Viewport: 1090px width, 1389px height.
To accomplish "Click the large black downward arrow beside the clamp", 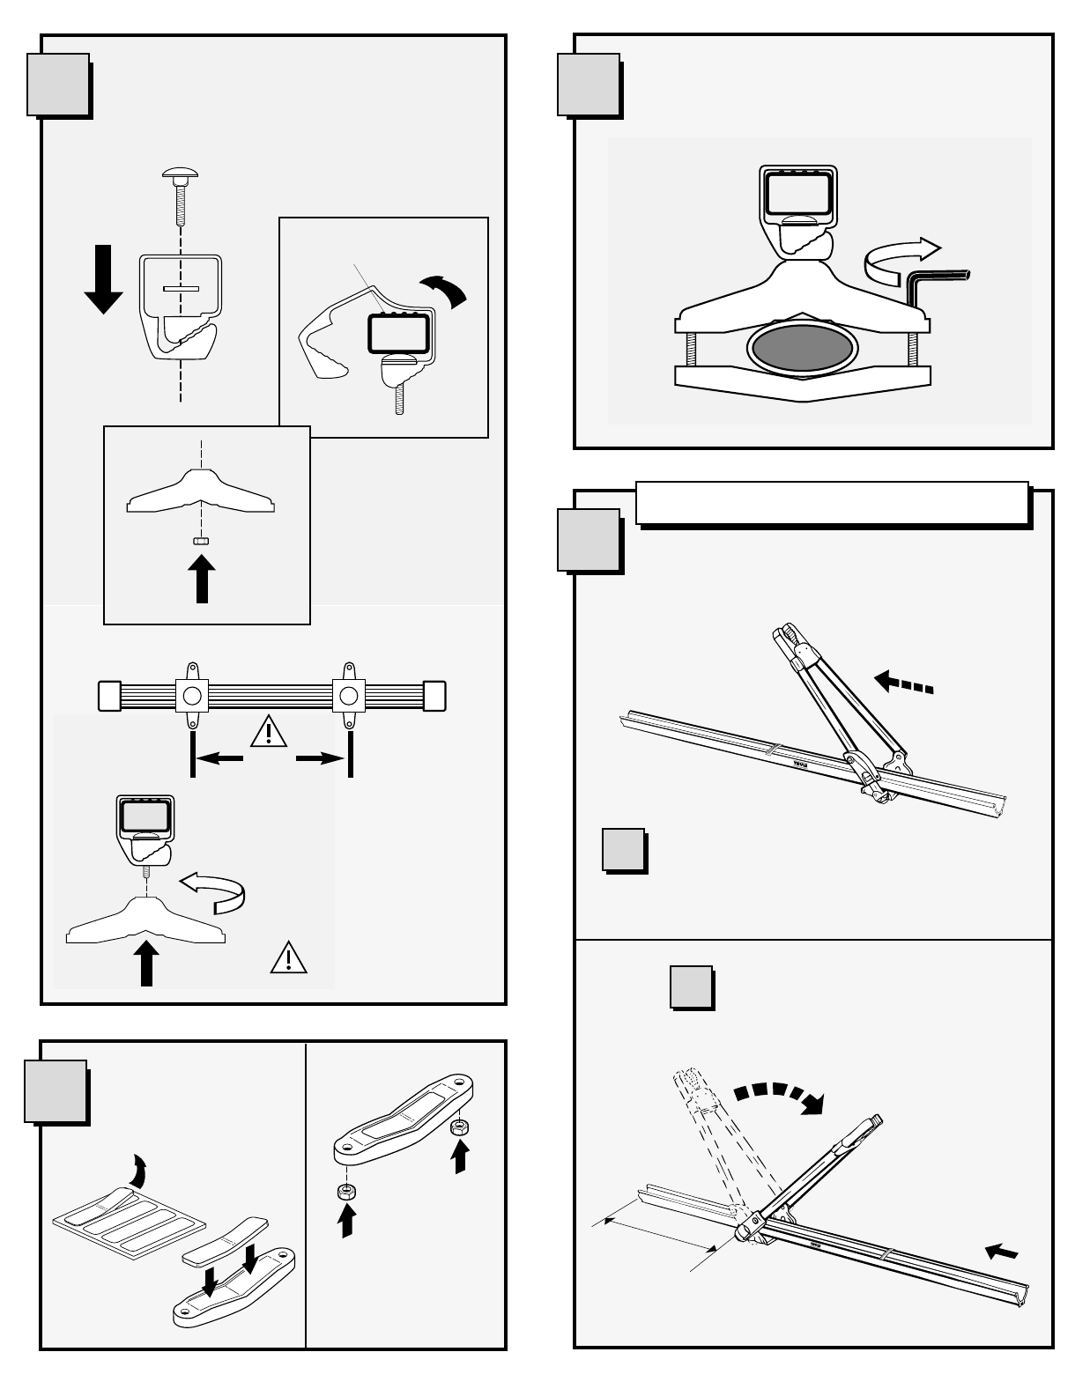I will pyautogui.click(x=103, y=279).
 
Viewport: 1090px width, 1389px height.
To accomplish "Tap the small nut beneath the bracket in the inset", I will pyautogui.click(x=201, y=542).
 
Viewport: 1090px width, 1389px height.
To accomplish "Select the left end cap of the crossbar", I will pyautogui.click(x=108, y=695).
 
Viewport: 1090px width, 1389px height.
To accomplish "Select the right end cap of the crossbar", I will pyautogui.click(x=434, y=695).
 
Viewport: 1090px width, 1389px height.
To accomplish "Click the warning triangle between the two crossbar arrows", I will pyautogui.click(x=269, y=732).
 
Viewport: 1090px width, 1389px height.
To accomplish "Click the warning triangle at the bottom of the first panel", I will pyautogui.click(x=289, y=958).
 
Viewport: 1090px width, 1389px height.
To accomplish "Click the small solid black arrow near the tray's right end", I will pyautogui.click(x=1002, y=1251).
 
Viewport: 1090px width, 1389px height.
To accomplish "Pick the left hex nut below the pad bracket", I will pyautogui.click(x=346, y=1193).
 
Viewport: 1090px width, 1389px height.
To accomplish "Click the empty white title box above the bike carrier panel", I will pyautogui.click(x=832, y=503).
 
